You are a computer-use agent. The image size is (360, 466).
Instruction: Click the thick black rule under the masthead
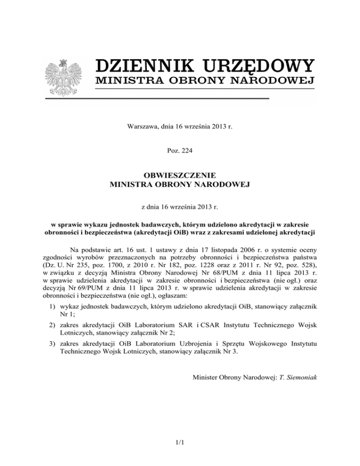coord(157,98)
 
